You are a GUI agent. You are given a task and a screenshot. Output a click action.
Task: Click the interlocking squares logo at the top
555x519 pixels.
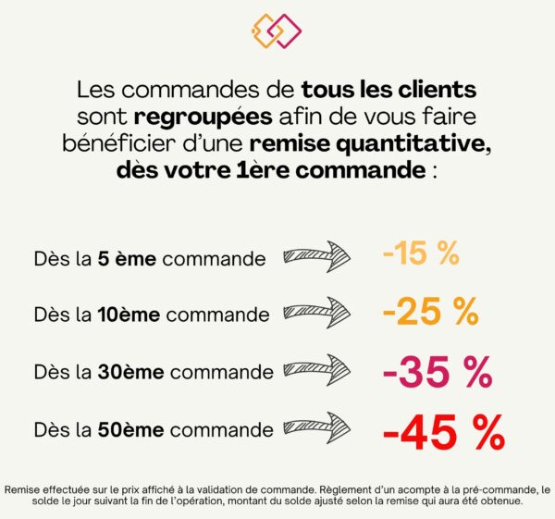click(277, 31)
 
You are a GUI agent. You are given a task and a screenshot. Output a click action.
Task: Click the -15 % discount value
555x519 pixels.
click(421, 254)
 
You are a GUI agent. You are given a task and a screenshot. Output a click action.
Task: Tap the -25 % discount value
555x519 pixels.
click(430, 313)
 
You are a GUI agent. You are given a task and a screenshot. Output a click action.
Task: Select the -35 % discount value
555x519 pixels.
click(437, 372)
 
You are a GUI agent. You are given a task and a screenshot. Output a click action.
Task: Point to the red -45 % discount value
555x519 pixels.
click(443, 430)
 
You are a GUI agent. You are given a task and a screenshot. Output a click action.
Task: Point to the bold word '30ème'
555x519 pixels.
click(130, 373)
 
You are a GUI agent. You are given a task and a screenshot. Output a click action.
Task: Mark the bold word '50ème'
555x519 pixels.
click(130, 430)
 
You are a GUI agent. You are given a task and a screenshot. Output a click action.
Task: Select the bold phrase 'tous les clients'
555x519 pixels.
click(388, 91)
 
